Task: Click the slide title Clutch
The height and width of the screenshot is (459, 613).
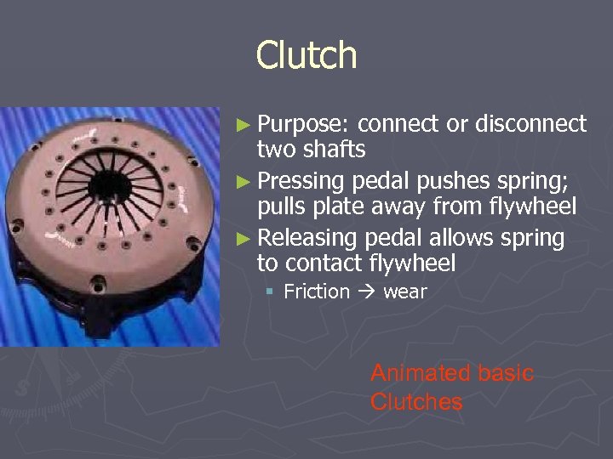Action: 306,56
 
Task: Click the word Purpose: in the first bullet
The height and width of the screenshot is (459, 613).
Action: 304,125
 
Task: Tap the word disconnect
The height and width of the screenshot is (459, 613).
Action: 530,125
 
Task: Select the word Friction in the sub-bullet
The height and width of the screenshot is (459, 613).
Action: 317,292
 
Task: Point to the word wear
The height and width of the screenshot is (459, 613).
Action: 405,292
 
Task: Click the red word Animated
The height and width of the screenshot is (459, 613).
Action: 408,373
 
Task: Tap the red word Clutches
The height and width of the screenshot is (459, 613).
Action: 416,402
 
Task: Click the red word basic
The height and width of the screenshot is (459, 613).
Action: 506,373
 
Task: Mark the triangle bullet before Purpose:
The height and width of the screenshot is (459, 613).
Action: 243,126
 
